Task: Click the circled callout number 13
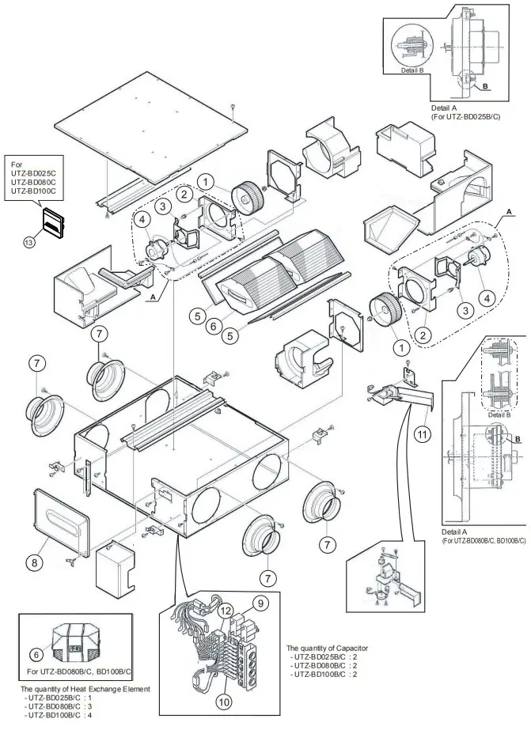point(29,242)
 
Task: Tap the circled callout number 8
point(34,562)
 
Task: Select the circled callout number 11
point(423,433)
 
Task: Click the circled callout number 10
point(225,700)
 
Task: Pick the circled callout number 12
point(226,610)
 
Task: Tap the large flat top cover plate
point(150,127)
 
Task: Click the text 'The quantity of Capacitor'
point(328,648)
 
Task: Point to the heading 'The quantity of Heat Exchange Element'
point(85,689)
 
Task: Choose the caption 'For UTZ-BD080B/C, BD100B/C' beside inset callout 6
point(79,672)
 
